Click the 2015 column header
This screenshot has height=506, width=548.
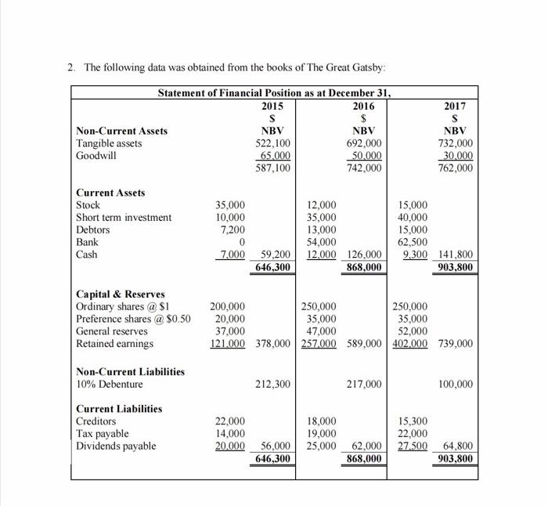tap(272, 106)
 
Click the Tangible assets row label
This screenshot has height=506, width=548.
tap(109, 143)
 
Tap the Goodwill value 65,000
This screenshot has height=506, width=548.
tap(273, 156)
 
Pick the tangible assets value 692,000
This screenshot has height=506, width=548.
tap(363, 143)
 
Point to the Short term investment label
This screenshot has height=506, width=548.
tap(124, 218)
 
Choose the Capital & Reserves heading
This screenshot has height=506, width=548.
tap(120, 294)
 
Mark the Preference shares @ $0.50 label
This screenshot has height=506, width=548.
tap(133, 319)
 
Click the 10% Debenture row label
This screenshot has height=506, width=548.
tap(110, 384)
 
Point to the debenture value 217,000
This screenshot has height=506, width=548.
tap(363, 384)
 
